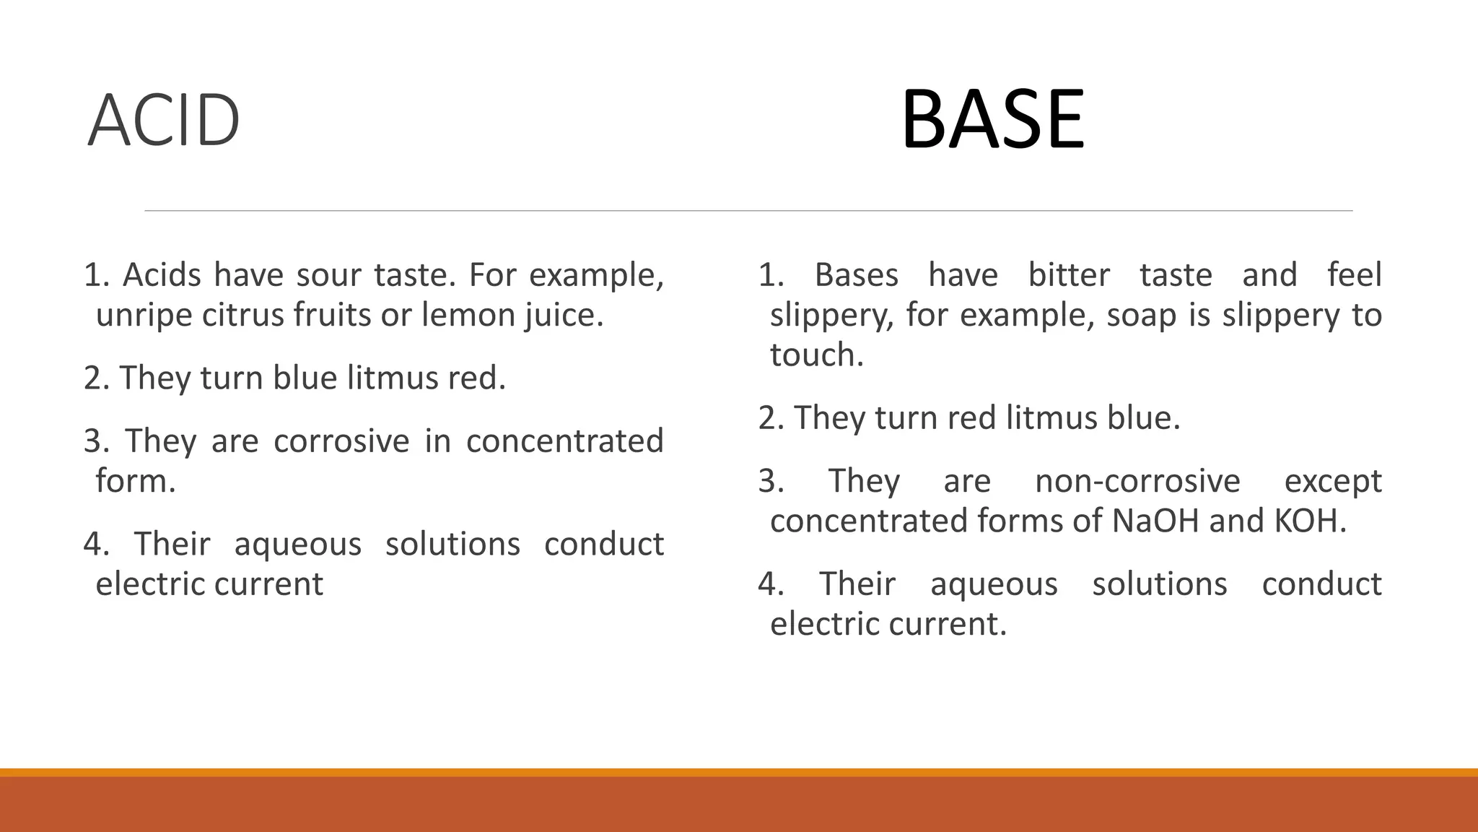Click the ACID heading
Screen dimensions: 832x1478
(163, 121)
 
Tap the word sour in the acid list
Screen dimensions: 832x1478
(330, 275)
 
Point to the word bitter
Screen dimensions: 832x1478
(1068, 275)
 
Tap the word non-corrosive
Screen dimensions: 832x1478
(1137, 481)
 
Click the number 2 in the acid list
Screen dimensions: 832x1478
(92, 378)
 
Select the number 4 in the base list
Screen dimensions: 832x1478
(766, 584)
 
